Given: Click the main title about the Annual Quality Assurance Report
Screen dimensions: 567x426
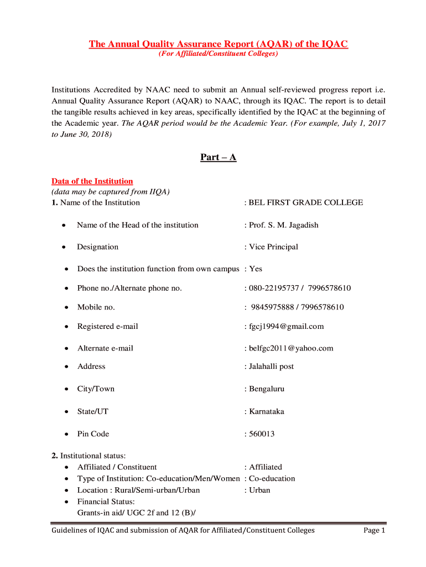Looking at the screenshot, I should pyautogui.click(x=219, y=44).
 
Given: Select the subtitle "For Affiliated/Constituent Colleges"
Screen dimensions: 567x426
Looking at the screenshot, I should pyautogui.click(x=219, y=54).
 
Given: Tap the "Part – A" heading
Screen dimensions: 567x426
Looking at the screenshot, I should pyautogui.click(x=218, y=157).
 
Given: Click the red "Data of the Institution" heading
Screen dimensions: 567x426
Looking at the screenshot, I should pyautogui.click(x=92, y=181).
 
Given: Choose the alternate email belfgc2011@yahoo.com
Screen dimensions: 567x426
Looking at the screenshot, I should pyautogui.click(x=291, y=348).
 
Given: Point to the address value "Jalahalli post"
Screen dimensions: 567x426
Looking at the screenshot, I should pyautogui.click(x=272, y=367).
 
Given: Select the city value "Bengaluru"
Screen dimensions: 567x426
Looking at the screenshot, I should pyautogui.click(x=267, y=389).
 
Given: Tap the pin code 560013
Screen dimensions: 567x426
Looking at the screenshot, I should pyautogui.click(x=262, y=434).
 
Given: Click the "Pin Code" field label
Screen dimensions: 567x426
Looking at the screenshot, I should pyautogui.click(x=93, y=434).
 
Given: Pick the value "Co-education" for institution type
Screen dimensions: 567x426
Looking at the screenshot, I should pyautogui.click(x=272, y=478).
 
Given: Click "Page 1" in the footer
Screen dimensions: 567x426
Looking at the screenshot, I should pyautogui.click(x=374, y=530).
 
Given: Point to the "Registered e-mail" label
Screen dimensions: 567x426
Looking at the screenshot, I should pyautogui.click(x=107, y=326).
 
